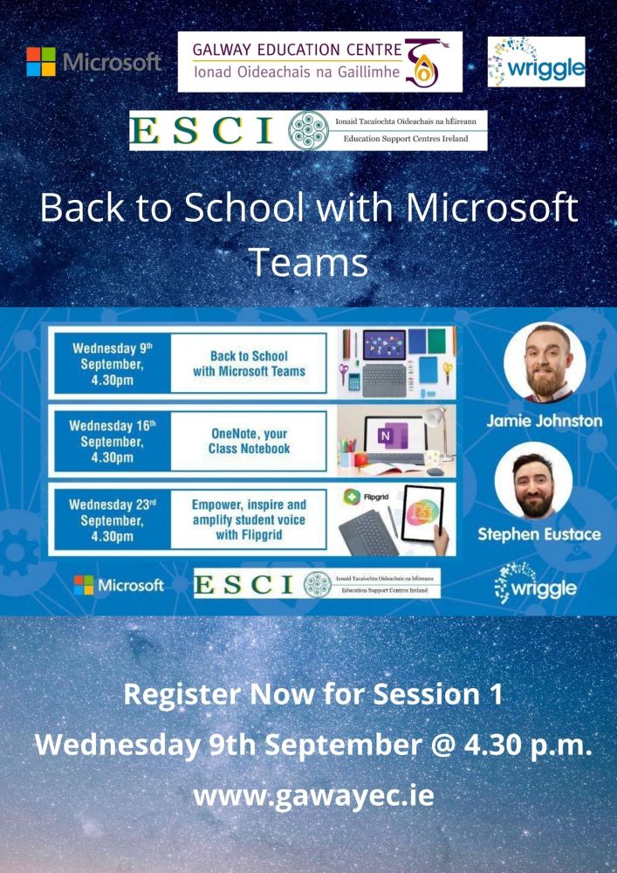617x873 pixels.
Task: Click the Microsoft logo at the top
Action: coord(94,62)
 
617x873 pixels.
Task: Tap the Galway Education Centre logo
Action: coord(319,61)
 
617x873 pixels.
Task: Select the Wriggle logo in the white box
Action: coord(536,62)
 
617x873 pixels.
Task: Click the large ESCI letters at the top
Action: coord(206,130)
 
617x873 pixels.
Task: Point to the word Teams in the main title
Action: coord(308,260)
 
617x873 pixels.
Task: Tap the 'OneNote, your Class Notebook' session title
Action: coord(249,441)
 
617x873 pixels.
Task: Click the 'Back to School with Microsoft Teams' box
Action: coord(249,363)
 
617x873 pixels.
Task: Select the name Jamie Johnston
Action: coord(545,421)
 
